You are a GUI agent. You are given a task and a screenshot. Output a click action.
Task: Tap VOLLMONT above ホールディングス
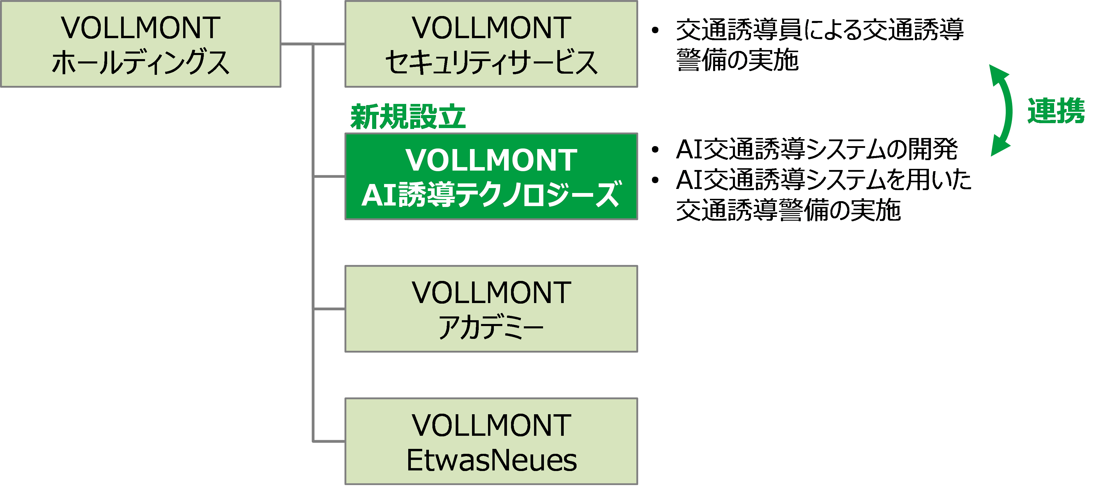(140, 28)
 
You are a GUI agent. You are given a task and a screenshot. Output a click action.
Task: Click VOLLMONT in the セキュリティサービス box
(491, 28)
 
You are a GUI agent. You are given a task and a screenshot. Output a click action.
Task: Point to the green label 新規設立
(408, 117)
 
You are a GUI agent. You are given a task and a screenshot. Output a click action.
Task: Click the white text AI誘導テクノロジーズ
(491, 195)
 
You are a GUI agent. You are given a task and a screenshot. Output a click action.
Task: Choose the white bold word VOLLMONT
(491, 160)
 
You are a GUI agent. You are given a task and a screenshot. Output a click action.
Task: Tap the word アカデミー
(491, 328)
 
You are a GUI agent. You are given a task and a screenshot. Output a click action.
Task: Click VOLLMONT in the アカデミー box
(491, 293)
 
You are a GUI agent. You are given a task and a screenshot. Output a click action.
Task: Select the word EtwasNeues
(491, 461)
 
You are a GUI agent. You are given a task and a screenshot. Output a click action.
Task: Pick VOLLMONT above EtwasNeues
(491, 426)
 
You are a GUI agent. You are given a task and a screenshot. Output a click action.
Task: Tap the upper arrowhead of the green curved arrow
(998, 74)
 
